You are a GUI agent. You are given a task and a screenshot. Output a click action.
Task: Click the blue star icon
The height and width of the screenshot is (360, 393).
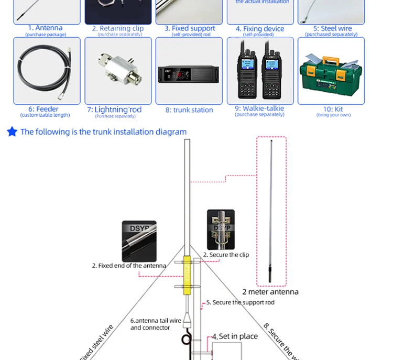pos(12,132)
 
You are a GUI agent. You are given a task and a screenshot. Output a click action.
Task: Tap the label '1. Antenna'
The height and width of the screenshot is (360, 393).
pos(45,28)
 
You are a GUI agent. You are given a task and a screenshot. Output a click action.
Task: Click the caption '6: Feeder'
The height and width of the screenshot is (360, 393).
pos(47,109)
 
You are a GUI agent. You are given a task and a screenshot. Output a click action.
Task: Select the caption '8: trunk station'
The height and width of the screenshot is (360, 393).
pos(189,110)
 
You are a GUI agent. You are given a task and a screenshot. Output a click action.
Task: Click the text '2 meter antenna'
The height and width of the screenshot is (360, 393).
pos(270,292)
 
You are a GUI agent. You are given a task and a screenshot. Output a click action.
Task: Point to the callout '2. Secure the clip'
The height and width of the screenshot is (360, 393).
pos(226,255)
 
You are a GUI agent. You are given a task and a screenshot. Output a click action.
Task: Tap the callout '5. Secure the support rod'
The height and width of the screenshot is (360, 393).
pos(240,302)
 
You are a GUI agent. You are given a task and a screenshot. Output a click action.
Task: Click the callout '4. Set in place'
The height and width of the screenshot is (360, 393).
pos(235,336)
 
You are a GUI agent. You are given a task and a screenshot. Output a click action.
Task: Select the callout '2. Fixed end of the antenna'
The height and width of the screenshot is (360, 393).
pos(129,266)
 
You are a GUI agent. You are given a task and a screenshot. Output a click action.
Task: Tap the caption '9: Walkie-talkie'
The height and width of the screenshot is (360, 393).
pos(260,108)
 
